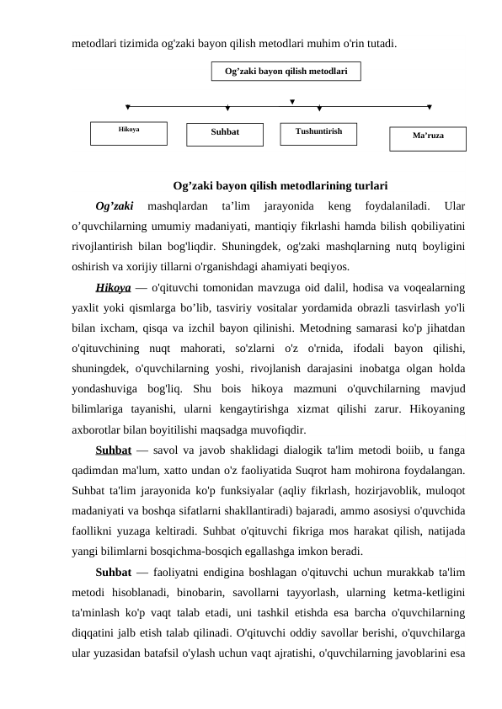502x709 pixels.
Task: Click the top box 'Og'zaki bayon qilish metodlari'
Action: pyautogui.click(x=286, y=72)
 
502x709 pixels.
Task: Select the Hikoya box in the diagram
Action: pyautogui.click(x=129, y=133)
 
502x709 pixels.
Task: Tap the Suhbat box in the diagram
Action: pyautogui.click(x=225, y=133)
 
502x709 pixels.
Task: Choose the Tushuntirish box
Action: pyautogui.click(x=318, y=133)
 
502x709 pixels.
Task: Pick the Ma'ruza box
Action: pyautogui.click(x=427, y=138)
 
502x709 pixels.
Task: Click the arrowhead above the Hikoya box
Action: pyautogui.click(x=127, y=107)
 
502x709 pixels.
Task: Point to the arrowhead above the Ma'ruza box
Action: pyautogui.click(x=430, y=107)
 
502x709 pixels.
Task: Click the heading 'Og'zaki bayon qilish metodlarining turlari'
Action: pyautogui.click(x=280, y=186)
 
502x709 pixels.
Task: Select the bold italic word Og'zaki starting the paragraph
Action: pyautogui.click(x=115, y=205)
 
